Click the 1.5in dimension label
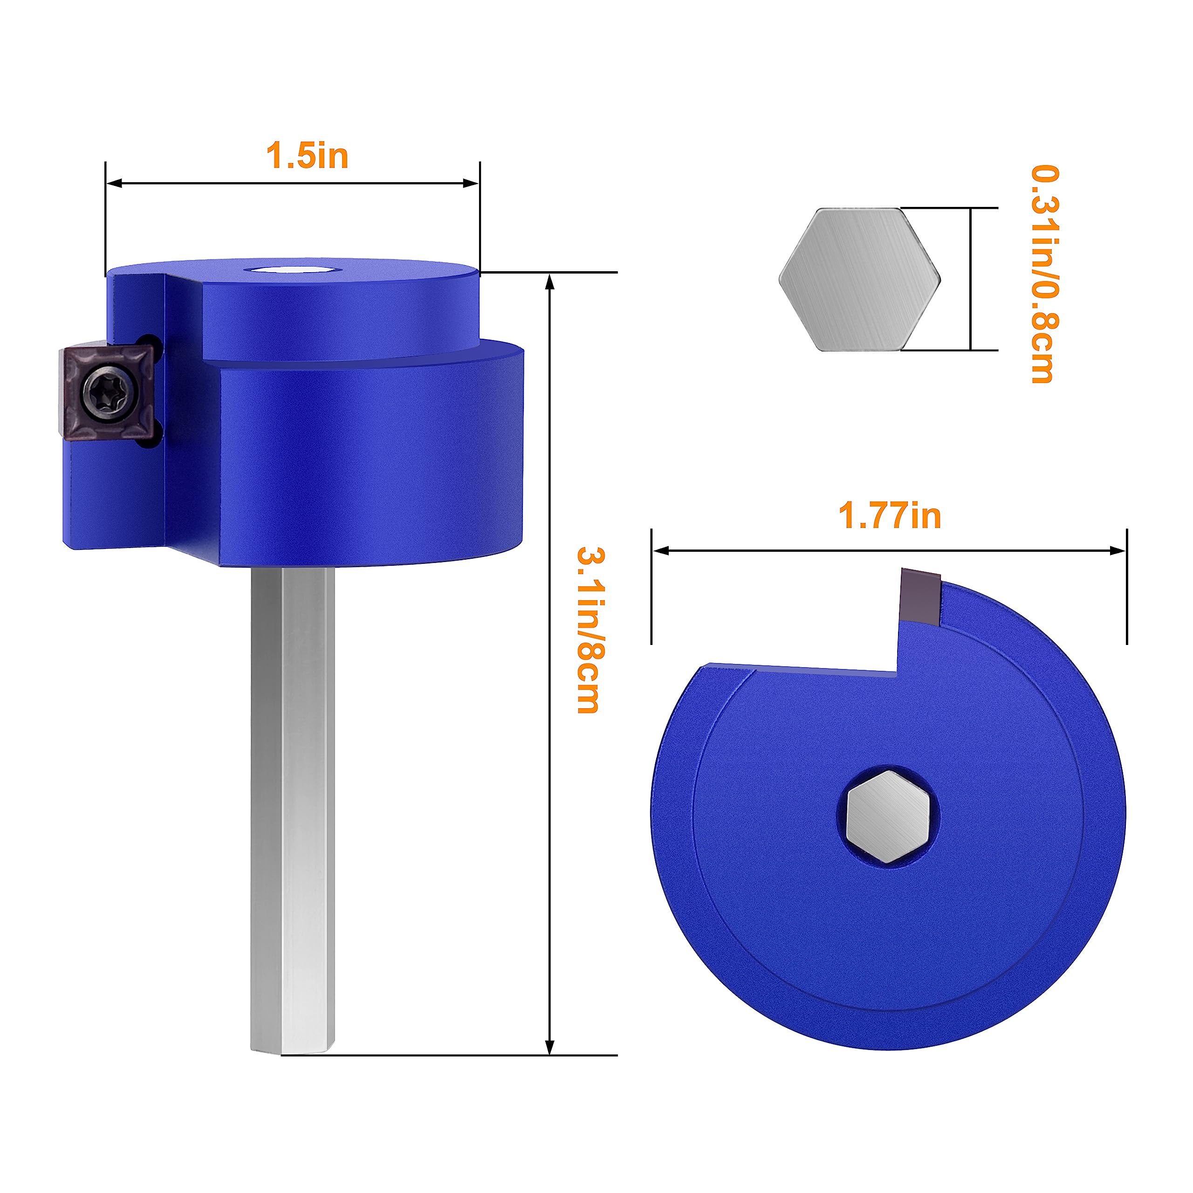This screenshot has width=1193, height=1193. pos(307,156)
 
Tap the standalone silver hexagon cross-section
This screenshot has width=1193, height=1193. pos(859,280)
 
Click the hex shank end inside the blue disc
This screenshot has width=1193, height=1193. pos(888,816)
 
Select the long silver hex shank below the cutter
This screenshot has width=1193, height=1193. pos(293,803)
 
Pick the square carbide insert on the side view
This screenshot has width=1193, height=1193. pos(106,393)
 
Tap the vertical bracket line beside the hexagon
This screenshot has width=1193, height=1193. pos(971,279)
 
